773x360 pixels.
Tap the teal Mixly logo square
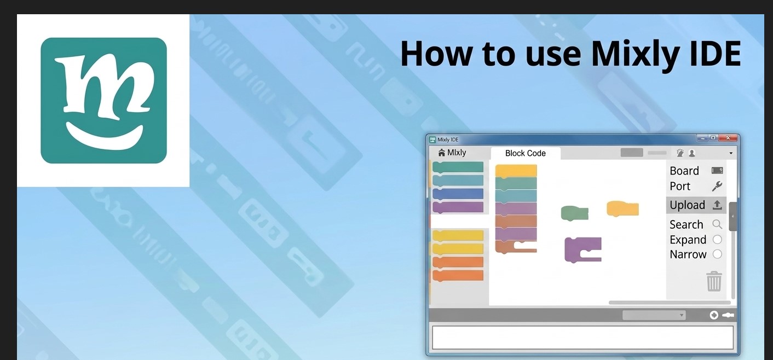pos(103,100)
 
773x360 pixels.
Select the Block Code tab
pos(525,153)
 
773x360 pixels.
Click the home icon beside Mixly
pos(441,153)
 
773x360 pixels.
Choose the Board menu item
pos(684,171)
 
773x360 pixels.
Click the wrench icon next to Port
pos(717,186)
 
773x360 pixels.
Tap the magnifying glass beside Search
pos(717,224)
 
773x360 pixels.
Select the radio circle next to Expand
pos(717,239)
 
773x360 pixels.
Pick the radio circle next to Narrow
pos(717,254)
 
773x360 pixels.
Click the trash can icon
pos(714,281)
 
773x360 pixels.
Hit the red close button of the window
pos(728,138)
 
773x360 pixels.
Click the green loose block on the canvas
pos(575,213)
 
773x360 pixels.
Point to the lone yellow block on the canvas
pos(622,208)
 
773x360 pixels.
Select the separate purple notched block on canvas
pos(583,249)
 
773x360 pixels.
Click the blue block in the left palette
pos(458,194)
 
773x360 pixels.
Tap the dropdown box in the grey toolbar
pos(654,315)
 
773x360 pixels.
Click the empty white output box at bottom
pos(582,338)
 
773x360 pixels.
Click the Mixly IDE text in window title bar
pos(448,140)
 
